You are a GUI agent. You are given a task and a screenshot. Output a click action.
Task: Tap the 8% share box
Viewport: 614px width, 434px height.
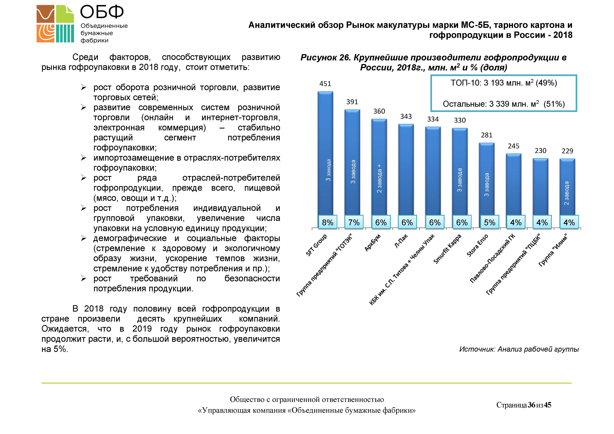coord(328,222)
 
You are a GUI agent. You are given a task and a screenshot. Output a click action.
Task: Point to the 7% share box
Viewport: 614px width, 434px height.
coord(354,222)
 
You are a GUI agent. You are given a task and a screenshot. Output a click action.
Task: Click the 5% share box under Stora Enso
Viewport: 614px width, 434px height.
coord(489,222)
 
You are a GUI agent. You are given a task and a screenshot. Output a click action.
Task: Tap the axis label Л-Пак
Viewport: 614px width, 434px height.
coord(401,241)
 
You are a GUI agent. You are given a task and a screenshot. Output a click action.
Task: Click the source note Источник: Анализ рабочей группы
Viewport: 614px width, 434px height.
coord(519,349)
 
